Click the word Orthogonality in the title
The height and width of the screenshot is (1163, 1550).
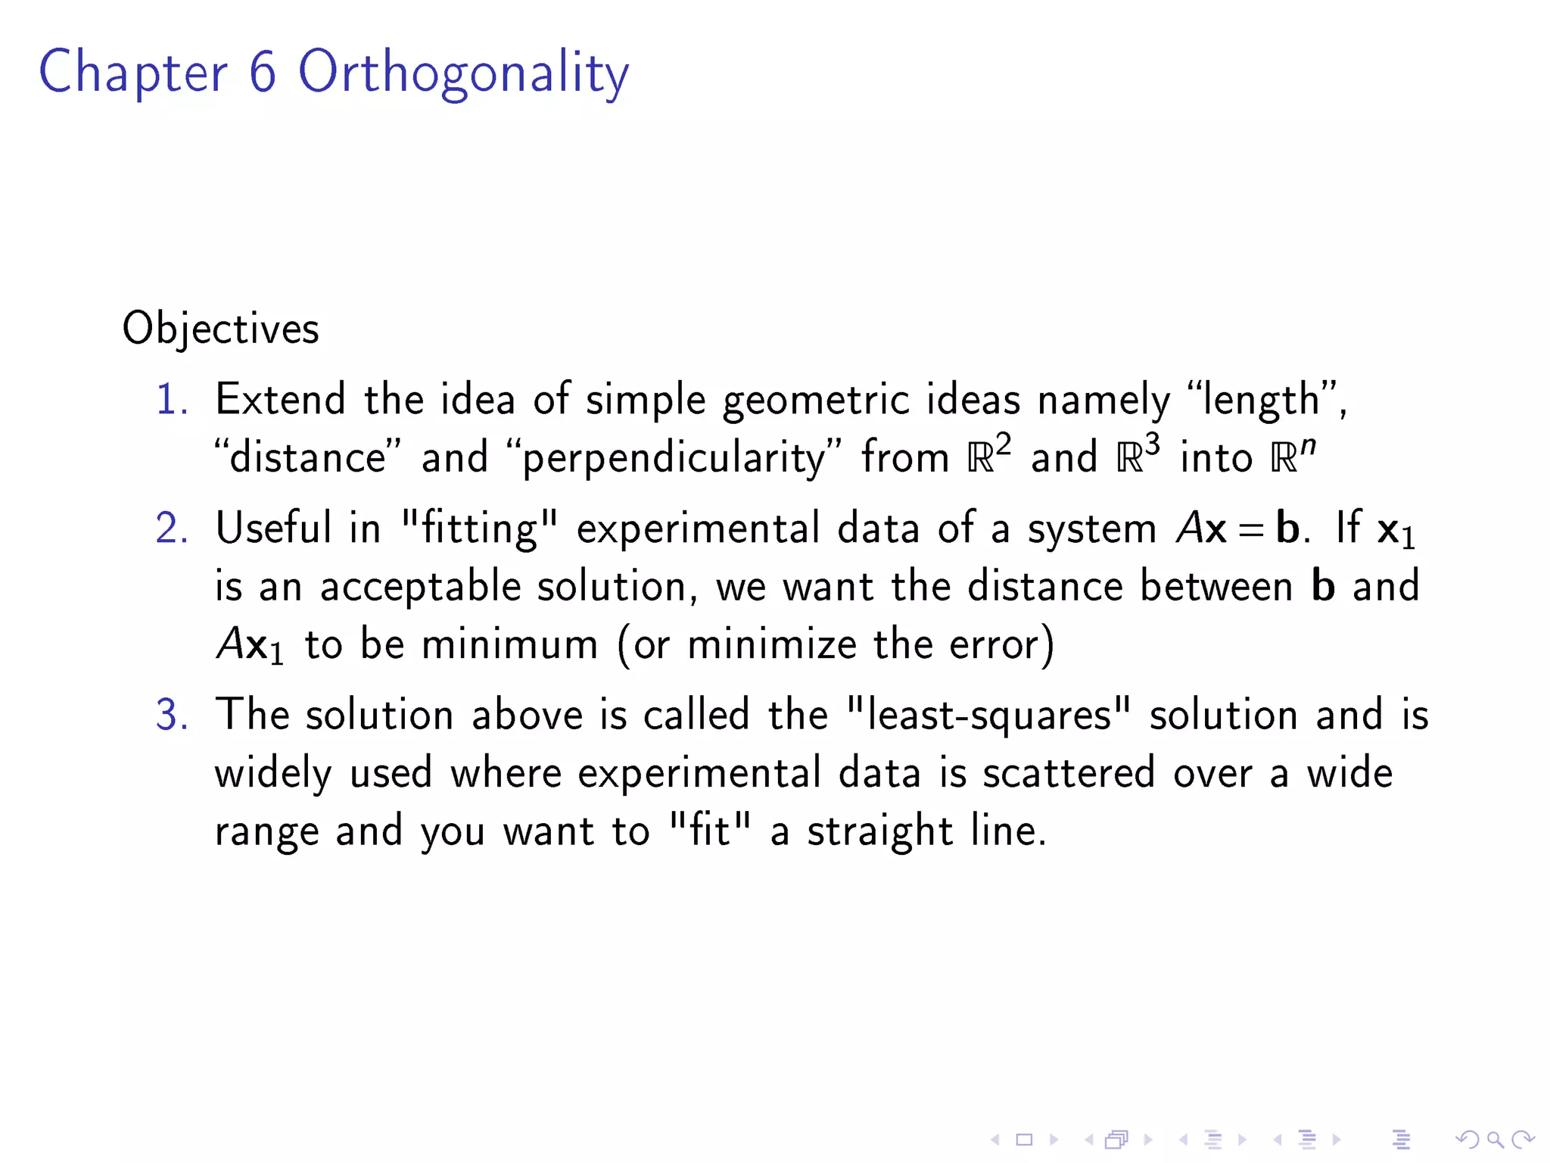pos(463,73)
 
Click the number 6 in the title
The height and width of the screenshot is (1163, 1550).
pos(263,73)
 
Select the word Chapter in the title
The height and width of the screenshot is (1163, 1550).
pos(133,73)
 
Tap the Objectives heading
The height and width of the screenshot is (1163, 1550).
pos(221,329)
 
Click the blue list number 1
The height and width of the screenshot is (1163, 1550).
pos(170,399)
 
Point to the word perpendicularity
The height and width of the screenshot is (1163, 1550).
pos(673,458)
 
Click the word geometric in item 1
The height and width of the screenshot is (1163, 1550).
pos(816,400)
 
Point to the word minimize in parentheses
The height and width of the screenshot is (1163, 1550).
pos(771,644)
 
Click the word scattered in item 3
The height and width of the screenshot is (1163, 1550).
pos(1069,773)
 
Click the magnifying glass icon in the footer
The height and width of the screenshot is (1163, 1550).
pos(1495,1139)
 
